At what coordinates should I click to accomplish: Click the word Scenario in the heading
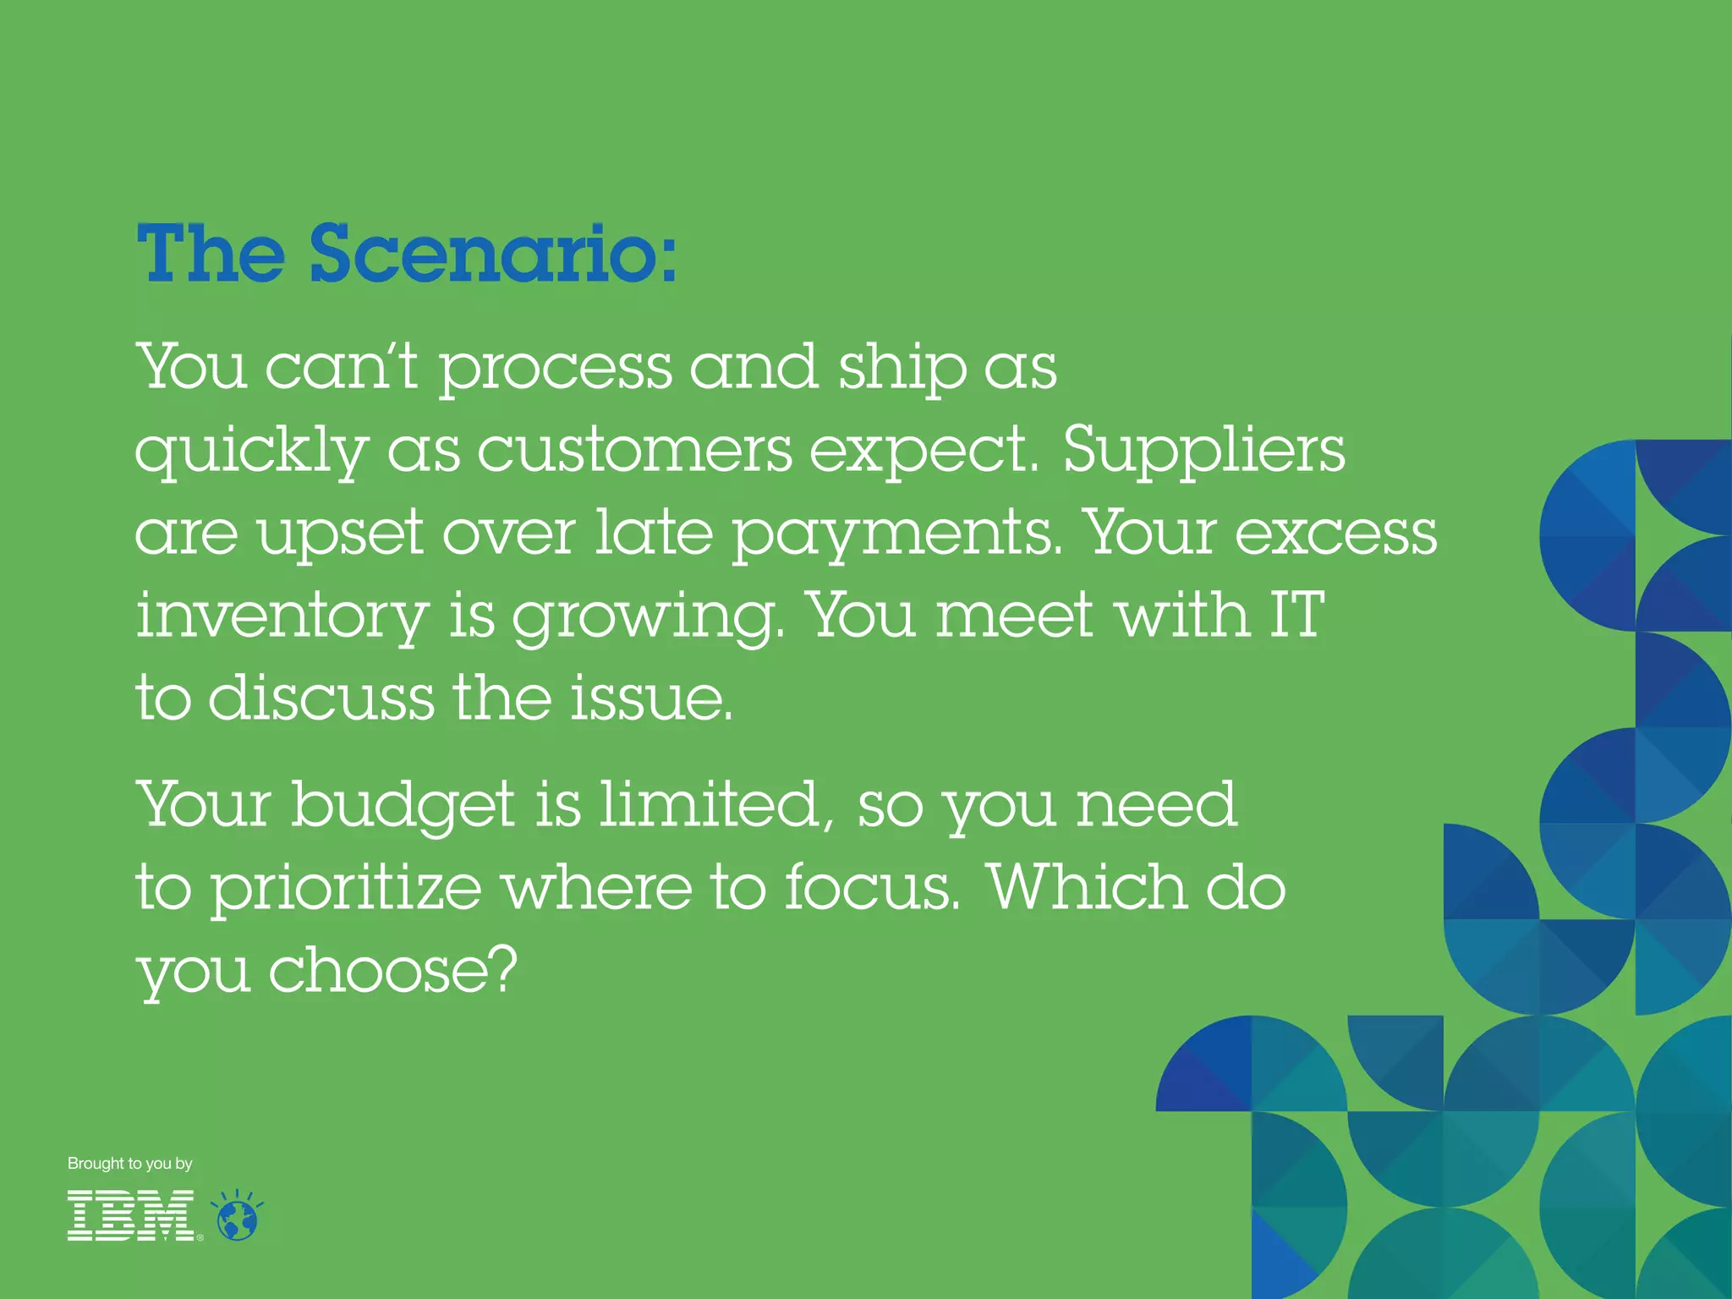pos(493,253)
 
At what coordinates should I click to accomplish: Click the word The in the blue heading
pos(211,253)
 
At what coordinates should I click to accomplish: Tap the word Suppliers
pos(1203,451)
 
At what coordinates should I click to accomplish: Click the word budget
pos(403,806)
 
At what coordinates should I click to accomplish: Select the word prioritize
pos(346,890)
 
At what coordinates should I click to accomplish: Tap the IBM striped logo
pos(132,1215)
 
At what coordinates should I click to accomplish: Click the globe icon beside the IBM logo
pos(238,1218)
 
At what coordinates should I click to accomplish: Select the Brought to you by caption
pos(130,1164)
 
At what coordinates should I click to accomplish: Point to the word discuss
pos(321,699)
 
